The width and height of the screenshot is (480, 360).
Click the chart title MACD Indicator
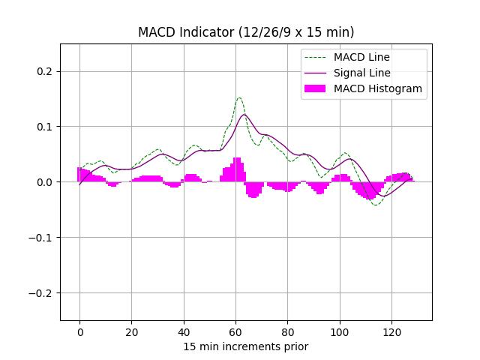click(x=246, y=32)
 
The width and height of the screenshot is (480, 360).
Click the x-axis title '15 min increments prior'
click(x=246, y=346)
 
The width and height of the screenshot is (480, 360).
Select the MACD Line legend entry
click(x=361, y=57)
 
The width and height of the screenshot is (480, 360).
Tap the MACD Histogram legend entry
click(x=377, y=88)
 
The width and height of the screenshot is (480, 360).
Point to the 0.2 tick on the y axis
click(x=46, y=71)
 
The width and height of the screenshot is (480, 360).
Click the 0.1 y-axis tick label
click(x=46, y=127)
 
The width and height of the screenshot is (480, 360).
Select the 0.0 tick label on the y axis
click(x=46, y=182)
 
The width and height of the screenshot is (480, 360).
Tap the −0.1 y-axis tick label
click(x=43, y=238)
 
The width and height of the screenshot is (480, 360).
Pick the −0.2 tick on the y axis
click(x=43, y=293)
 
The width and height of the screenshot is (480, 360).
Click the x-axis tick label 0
click(x=79, y=332)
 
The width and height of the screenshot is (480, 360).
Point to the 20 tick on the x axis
click(x=131, y=332)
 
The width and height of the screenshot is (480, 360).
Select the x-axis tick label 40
click(x=183, y=332)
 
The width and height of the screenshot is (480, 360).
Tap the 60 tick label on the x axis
click(x=235, y=332)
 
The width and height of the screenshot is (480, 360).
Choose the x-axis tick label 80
click(x=287, y=332)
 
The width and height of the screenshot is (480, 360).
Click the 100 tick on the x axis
click(x=339, y=332)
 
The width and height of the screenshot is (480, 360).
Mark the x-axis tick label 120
click(x=391, y=332)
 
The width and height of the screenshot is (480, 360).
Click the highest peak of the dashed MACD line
click(x=239, y=97)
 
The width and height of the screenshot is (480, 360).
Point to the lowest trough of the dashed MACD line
click(x=376, y=205)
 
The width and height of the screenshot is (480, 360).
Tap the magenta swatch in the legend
click(x=316, y=88)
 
